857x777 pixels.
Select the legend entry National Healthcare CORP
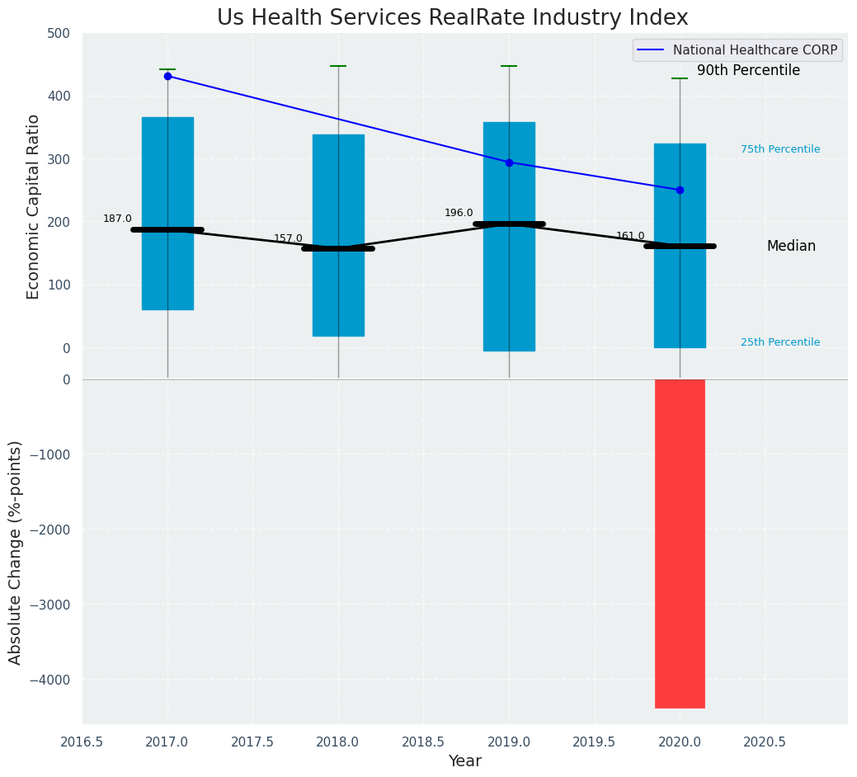[x=755, y=50]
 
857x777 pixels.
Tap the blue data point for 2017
[x=167, y=76]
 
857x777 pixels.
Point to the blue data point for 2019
[x=509, y=162]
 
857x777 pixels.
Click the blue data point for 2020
[x=680, y=190]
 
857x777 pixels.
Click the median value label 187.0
[x=117, y=219]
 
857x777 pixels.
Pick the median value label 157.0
[x=288, y=238]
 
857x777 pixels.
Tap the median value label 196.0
[x=459, y=213]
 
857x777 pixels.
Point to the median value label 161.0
[x=630, y=236]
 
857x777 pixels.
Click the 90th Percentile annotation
[x=748, y=71]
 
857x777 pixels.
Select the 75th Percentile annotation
[x=780, y=149]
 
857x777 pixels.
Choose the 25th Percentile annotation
[x=780, y=342]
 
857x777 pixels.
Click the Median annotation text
[x=791, y=246]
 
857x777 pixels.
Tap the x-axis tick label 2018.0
[x=338, y=742]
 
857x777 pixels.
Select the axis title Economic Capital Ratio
[x=34, y=206]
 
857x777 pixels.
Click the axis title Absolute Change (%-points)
[x=16, y=552]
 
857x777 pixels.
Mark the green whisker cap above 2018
[x=338, y=66]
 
